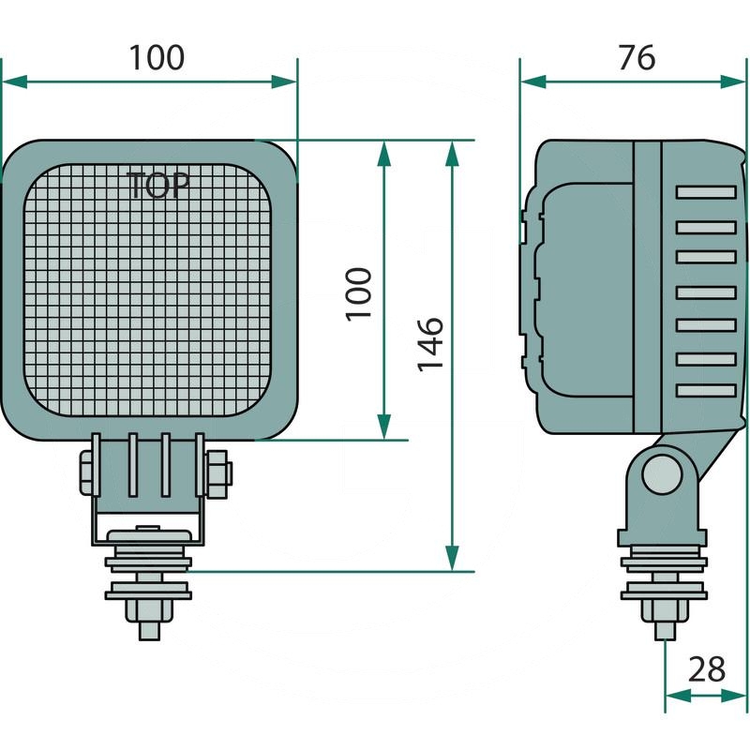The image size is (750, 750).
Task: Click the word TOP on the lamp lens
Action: coord(158,185)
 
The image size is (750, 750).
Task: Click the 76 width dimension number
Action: coord(637,58)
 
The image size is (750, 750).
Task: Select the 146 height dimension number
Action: coord(430,344)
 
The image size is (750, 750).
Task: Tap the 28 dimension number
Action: coord(706,668)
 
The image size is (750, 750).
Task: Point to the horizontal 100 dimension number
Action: coord(157,58)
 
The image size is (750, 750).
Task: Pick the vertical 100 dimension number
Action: coord(359,294)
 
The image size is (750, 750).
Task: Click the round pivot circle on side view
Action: coord(662,474)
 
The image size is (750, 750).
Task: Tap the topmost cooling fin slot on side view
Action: coord(706,192)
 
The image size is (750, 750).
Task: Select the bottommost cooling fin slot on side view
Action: coord(706,391)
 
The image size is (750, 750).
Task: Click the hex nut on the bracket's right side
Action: coord(218,473)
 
